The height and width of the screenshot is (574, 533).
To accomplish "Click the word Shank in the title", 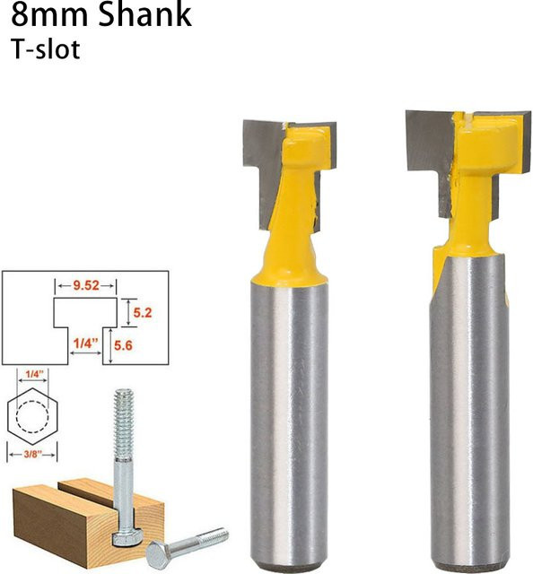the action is pos(145,14).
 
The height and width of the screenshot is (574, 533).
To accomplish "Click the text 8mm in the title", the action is pos(49,14).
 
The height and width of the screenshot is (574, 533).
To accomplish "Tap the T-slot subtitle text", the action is pos(46,49).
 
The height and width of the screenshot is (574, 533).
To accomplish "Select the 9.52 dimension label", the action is pos(86,285).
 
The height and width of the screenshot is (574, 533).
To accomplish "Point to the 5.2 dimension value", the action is pos(142,313).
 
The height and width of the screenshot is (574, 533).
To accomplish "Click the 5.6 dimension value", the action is pos(123,345).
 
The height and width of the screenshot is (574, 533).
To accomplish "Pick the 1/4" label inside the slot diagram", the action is pos(86,344).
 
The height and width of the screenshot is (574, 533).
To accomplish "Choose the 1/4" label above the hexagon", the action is pos(34,374).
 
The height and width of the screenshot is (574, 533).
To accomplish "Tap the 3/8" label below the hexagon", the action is pos(33,455).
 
